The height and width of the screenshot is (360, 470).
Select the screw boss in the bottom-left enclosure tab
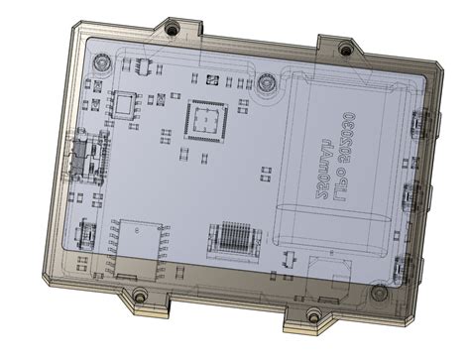pyautogui.click(x=140, y=295)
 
